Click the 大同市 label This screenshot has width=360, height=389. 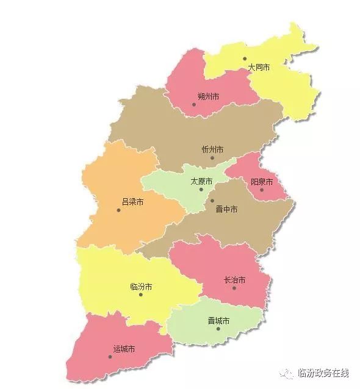pyautogui.click(x=259, y=68)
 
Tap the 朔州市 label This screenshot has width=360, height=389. pyautogui.click(x=208, y=96)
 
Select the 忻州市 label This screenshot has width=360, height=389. pyautogui.click(x=212, y=149)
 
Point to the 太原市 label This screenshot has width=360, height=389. pyautogui.click(x=201, y=182)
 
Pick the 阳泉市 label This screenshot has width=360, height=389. pyautogui.click(x=262, y=182)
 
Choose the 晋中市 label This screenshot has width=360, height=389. pyautogui.click(x=227, y=209)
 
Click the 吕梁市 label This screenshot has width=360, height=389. pyautogui.click(x=132, y=202)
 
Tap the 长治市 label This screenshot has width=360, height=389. pyautogui.click(x=235, y=280)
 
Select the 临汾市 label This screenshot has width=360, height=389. pyautogui.click(x=141, y=287)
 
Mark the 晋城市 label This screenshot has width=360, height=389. pyautogui.click(x=218, y=321)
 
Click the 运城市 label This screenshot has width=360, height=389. pyautogui.click(x=124, y=349)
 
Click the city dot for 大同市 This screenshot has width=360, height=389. pyautogui.click(x=245, y=59)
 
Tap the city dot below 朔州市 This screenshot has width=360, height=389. pyautogui.click(x=194, y=104)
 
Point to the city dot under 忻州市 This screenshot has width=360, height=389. pyautogui.click(x=212, y=158)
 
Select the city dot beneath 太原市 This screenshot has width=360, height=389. pyautogui.click(x=201, y=190)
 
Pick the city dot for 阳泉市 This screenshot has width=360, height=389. pyautogui.click(x=262, y=190)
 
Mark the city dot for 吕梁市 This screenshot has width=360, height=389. pyautogui.click(x=119, y=210)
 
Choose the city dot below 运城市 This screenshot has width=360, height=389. pyautogui.click(x=110, y=357)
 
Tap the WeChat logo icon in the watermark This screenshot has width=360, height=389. pyautogui.click(x=286, y=373)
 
